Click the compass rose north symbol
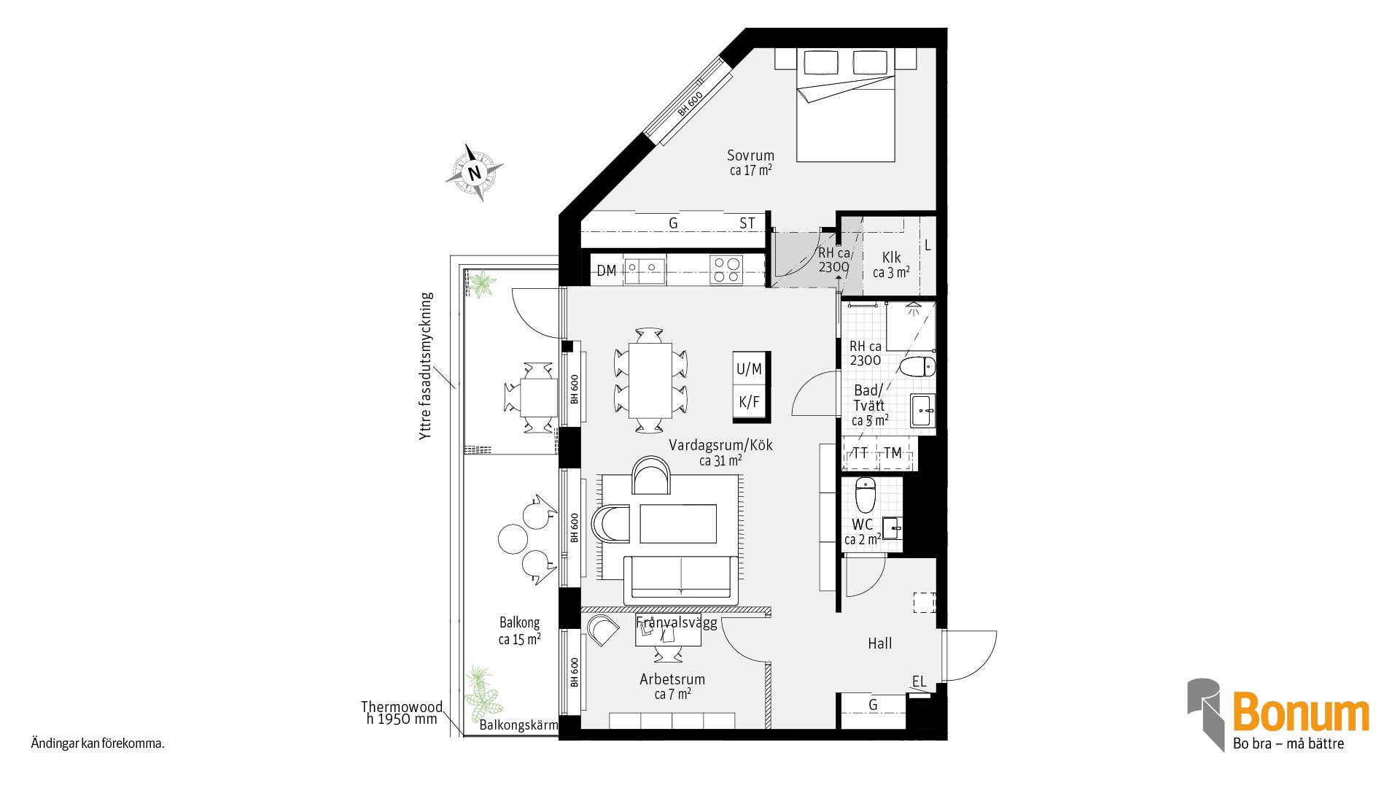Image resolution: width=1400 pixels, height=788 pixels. click(475, 172)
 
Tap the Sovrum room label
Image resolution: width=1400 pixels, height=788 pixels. click(750, 155)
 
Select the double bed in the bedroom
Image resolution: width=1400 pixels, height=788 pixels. click(845, 105)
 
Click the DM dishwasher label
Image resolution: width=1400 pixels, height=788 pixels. click(607, 271)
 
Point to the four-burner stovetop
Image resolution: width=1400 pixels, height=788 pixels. click(727, 269)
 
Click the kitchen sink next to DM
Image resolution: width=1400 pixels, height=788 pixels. click(645, 270)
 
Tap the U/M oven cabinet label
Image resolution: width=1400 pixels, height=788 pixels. click(750, 369)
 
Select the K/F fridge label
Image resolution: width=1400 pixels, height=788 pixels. click(750, 402)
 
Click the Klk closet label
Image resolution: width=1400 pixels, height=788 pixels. click(891, 258)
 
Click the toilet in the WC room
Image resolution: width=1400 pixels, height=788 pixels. click(865, 495)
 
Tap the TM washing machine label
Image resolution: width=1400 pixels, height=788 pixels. click(892, 453)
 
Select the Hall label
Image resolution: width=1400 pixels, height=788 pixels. click(879, 644)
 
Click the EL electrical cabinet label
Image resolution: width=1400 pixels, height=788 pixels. click(919, 681)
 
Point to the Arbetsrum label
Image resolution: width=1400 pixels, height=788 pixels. click(672, 679)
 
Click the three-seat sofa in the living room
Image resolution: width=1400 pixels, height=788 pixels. click(681, 579)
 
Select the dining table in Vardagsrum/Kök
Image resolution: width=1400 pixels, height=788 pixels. click(650, 380)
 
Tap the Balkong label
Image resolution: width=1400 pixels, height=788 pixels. click(519, 623)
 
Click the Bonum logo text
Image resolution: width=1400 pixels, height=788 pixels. click(1301, 712)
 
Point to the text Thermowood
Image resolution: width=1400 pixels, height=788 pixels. click(402, 707)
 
